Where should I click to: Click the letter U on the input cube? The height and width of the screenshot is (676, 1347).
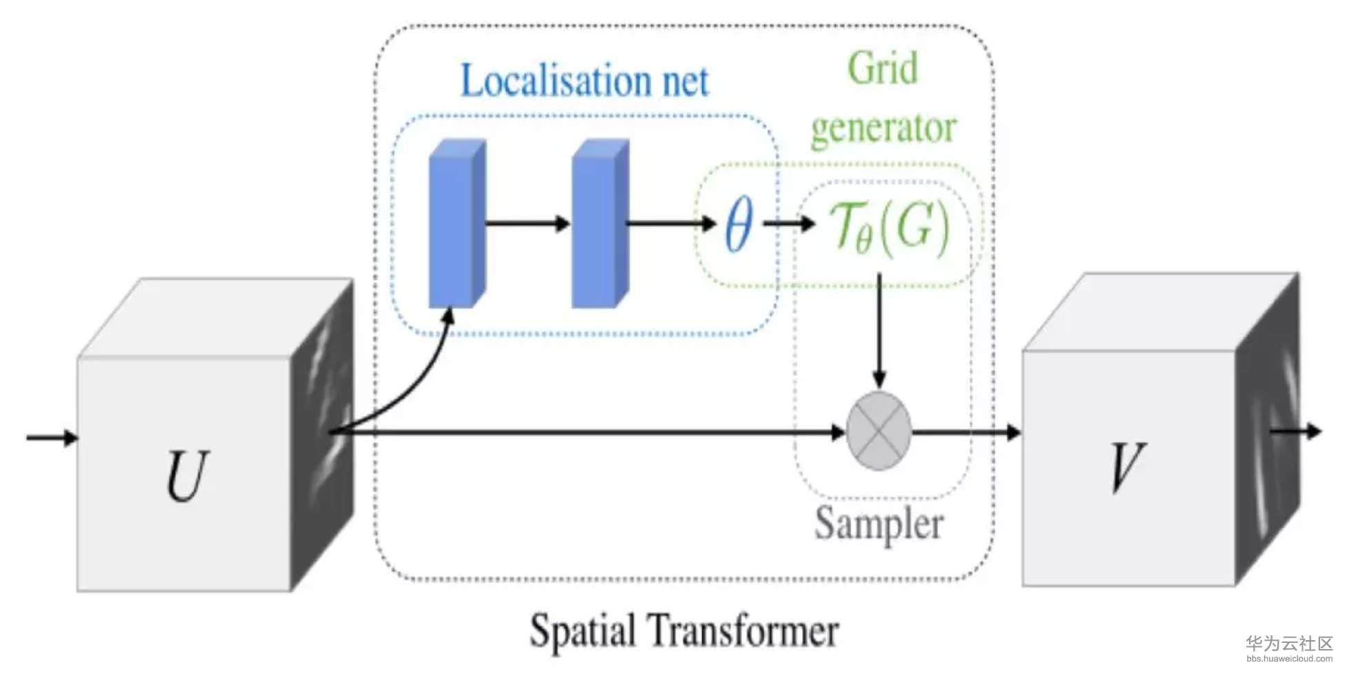(x=187, y=475)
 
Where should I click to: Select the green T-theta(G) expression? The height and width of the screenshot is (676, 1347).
(x=890, y=226)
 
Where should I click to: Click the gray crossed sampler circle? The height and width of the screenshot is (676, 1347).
(x=879, y=431)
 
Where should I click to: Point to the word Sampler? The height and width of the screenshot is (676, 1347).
(x=879, y=524)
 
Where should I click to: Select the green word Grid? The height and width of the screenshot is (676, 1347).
(x=883, y=68)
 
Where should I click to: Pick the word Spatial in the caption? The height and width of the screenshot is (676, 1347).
(x=583, y=630)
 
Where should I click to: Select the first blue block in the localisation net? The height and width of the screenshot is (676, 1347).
(x=455, y=224)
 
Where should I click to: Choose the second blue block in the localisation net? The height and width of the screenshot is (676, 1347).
(x=599, y=224)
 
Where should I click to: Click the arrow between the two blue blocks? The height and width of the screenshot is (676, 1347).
(x=528, y=223)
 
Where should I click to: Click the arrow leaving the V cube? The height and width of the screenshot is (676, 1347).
(x=1297, y=431)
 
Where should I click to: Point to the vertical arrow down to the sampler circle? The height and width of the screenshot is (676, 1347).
(x=879, y=331)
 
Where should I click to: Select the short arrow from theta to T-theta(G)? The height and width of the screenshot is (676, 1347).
(x=789, y=223)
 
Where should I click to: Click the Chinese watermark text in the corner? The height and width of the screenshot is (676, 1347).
(x=1288, y=644)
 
